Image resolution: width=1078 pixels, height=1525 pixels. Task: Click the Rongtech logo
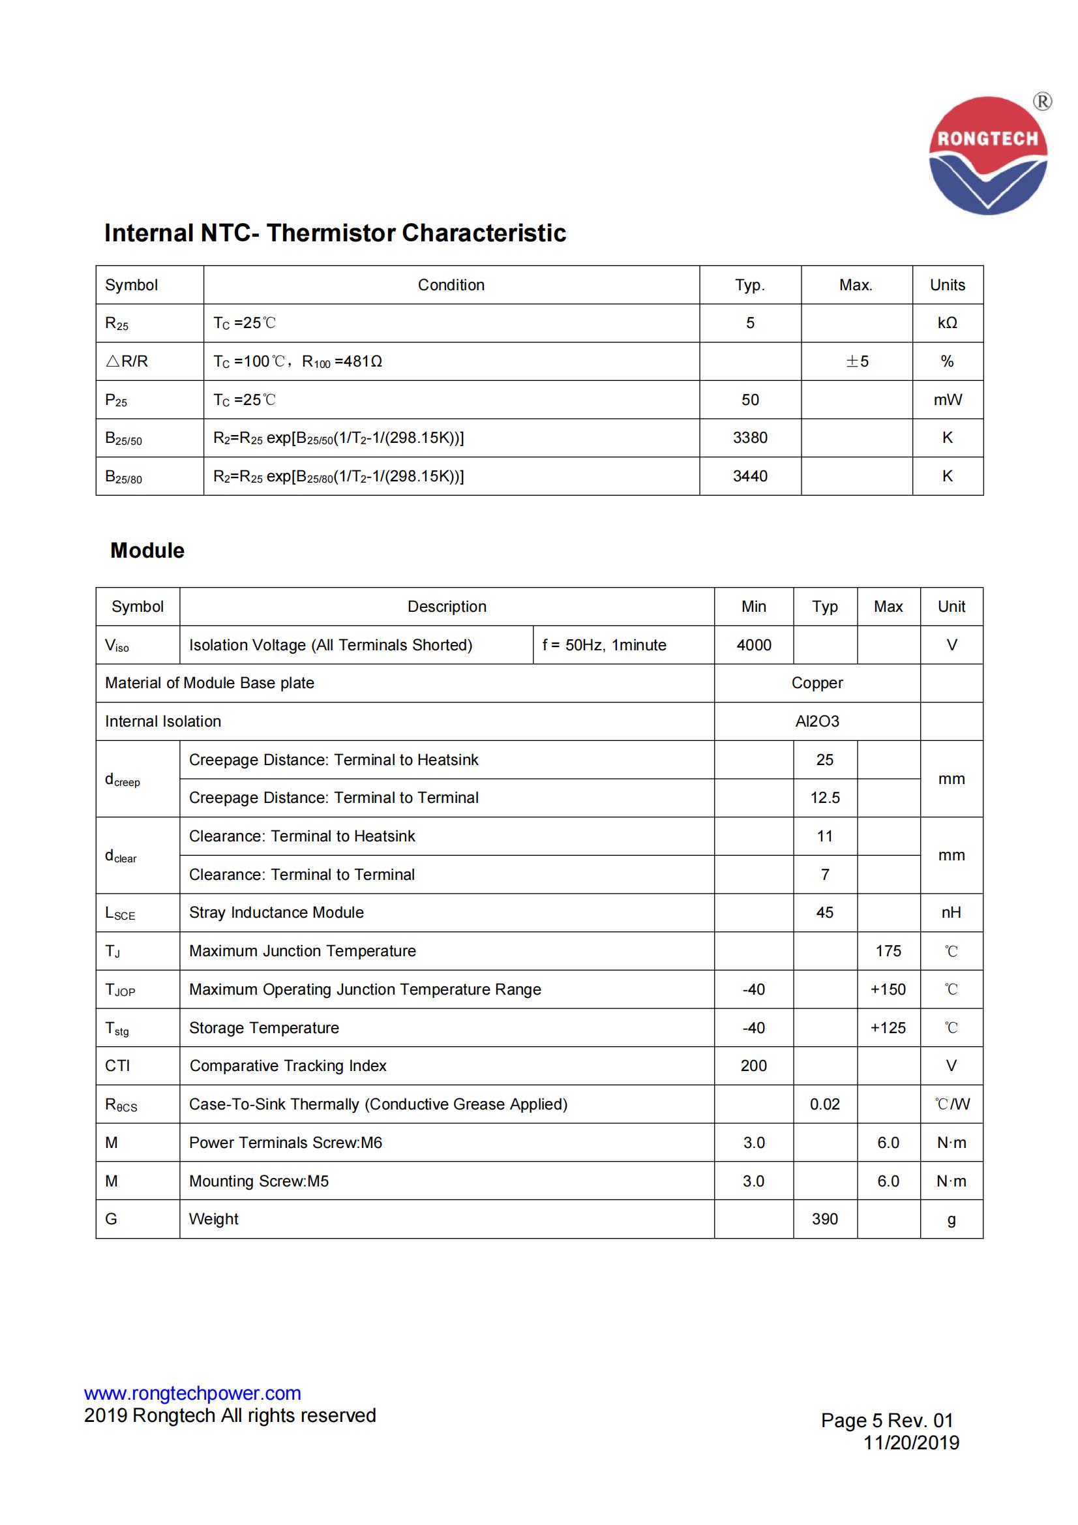pos(987,155)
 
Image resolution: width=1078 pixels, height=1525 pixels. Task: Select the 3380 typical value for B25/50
pos(750,438)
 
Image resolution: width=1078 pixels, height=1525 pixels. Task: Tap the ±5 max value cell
pos(856,361)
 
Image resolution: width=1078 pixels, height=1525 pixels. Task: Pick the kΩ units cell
pos(946,323)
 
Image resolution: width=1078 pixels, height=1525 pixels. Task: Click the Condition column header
pos(451,285)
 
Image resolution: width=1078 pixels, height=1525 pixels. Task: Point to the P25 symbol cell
pos(116,400)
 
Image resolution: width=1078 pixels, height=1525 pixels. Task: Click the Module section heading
pos(147,550)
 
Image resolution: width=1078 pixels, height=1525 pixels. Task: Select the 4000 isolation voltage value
pos(753,645)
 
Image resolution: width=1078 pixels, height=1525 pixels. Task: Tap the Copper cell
pos(816,683)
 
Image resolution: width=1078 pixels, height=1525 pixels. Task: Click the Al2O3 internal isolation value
pos(816,721)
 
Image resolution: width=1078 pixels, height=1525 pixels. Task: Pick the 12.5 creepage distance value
pos(824,798)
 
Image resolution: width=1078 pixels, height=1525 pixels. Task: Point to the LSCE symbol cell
pos(120,913)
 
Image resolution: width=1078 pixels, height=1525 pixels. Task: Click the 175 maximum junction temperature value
pos(888,951)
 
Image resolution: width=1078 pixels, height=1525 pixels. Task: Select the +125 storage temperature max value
pos(888,1027)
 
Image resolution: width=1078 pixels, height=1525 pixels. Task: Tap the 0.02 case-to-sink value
pos(824,1104)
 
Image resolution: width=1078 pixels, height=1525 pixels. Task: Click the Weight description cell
pos(214,1219)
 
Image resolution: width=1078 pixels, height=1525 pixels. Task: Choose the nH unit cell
pos(951,913)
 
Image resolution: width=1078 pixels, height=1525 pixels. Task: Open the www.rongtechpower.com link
pos(192,1393)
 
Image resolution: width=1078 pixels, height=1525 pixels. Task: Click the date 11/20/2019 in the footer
pos(910,1442)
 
